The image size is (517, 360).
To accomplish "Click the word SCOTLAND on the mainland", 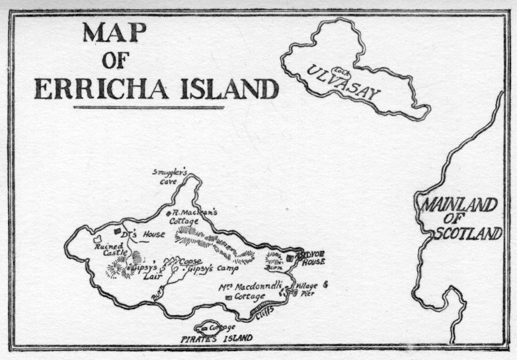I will [x=468, y=233].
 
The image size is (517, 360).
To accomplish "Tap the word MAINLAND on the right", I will [x=461, y=205].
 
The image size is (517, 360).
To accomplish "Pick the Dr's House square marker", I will [x=118, y=231].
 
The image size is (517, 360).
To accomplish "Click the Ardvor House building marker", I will [x=290, y=258].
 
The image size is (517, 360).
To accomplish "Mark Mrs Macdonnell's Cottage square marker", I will [x=229, y=298].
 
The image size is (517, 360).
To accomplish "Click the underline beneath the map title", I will [x=149, y=107].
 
